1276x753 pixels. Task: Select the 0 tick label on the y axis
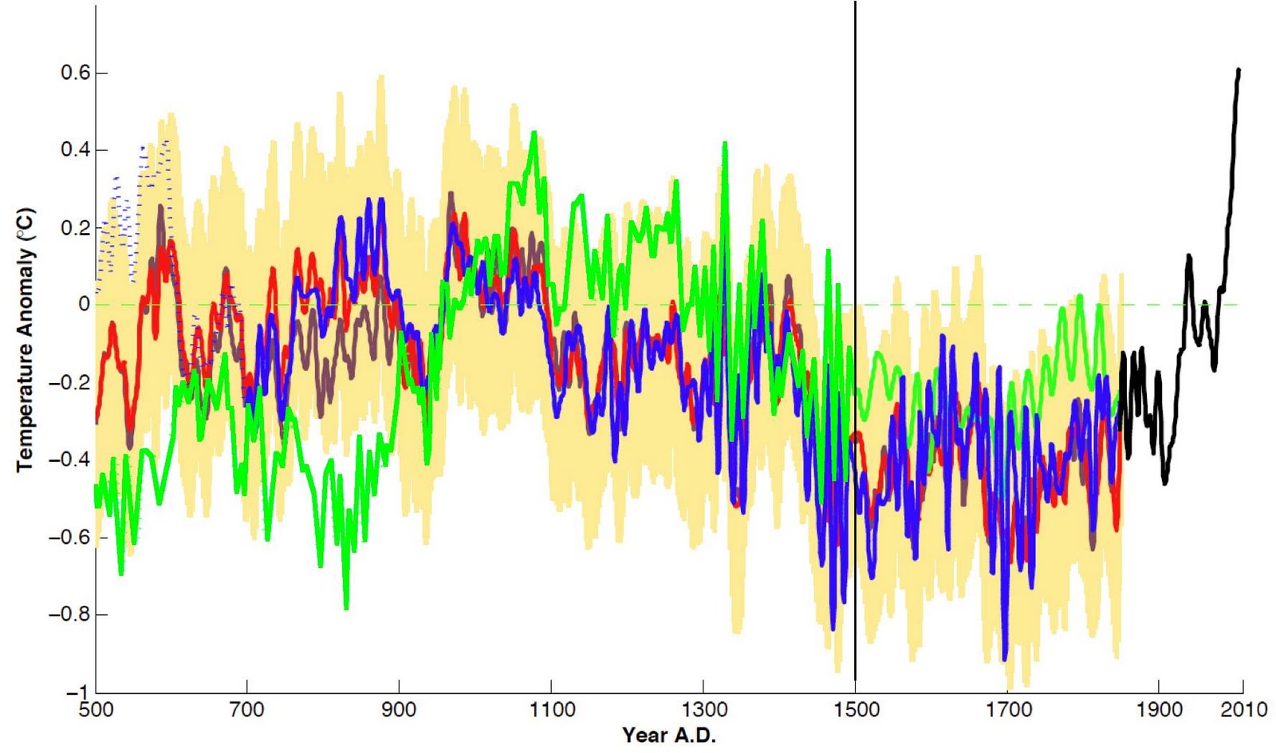pyautogui.click(x=84, y=305)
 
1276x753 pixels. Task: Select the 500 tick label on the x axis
pyautogui.click(x=96, y=709)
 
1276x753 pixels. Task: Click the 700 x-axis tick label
pyautogui.click(x=247, y=709)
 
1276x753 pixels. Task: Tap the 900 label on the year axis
pyautogui.click(x=399, y=709)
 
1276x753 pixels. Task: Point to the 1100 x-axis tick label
pyautogui.click(x=551, y=709)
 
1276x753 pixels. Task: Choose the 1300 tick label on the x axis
pyautogui.click(x=703, y=709)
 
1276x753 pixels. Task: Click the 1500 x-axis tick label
pyautogui.click(x=856, y=709)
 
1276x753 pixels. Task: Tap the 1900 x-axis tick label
pyautogui.click(x=1160, y=709)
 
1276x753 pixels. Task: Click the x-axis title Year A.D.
pyautogui.click(x=669, y=735)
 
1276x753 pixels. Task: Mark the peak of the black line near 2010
pyautogui.click(x=1239, y=70)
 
